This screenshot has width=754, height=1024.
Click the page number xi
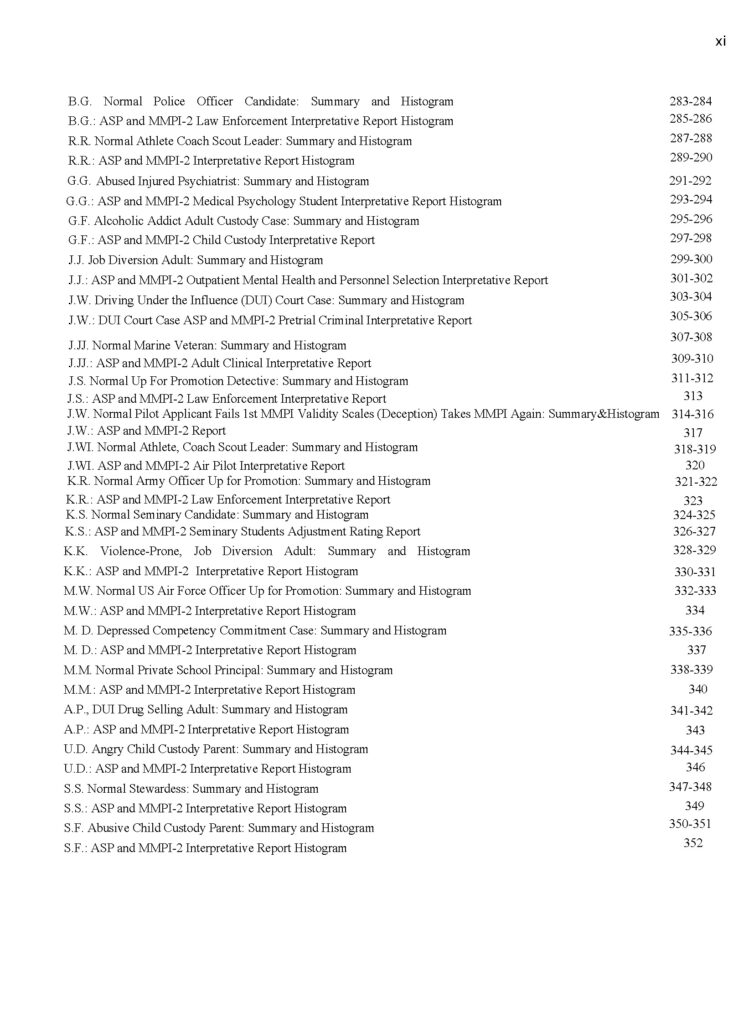click(x=720, y=41)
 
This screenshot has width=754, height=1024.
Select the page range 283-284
click(x=690, y=101)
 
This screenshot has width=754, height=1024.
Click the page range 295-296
click(x=690, y=219)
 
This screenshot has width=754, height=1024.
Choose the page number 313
click(x=692, y=396)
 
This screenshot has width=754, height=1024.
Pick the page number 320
click(x=695, y=465)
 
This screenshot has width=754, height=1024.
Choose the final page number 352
click(x=692, y=843)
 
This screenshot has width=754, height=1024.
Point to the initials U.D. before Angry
click(x=76, y=749)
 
